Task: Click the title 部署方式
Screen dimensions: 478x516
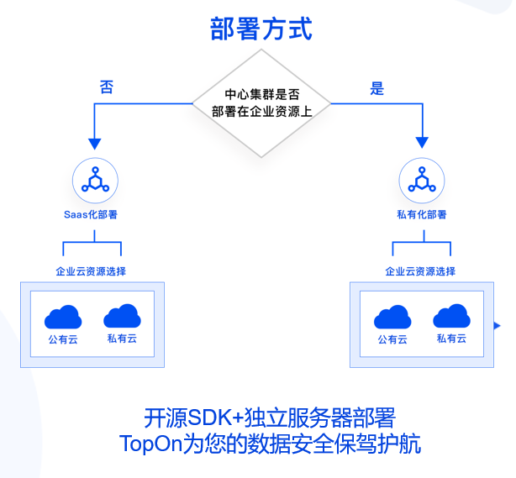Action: coord(261,29)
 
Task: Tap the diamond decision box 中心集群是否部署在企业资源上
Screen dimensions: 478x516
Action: coord(261,103)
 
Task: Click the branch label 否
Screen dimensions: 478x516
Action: coord(106,87)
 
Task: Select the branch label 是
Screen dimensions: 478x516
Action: coord(377,87)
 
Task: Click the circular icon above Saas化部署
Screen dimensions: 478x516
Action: coord(94,180)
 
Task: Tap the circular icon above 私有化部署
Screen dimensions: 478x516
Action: coord(421,180)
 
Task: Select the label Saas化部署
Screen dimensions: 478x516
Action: coord(91,215)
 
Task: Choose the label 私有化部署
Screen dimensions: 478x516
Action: coord(421,215)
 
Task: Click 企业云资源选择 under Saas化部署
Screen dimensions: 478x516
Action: coord(91,271)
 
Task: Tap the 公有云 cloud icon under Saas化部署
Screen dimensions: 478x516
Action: coord(63,317)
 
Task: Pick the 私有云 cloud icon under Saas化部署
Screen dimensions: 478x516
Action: coord(122,316)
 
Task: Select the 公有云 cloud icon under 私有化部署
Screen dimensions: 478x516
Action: coord(392,317)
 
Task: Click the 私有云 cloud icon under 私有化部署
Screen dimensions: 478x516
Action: coord(451,316)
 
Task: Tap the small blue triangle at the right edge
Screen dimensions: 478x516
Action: coord(498,325)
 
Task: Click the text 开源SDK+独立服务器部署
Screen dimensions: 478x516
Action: coord(269,418)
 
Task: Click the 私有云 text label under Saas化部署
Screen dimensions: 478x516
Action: coord(122,339)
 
